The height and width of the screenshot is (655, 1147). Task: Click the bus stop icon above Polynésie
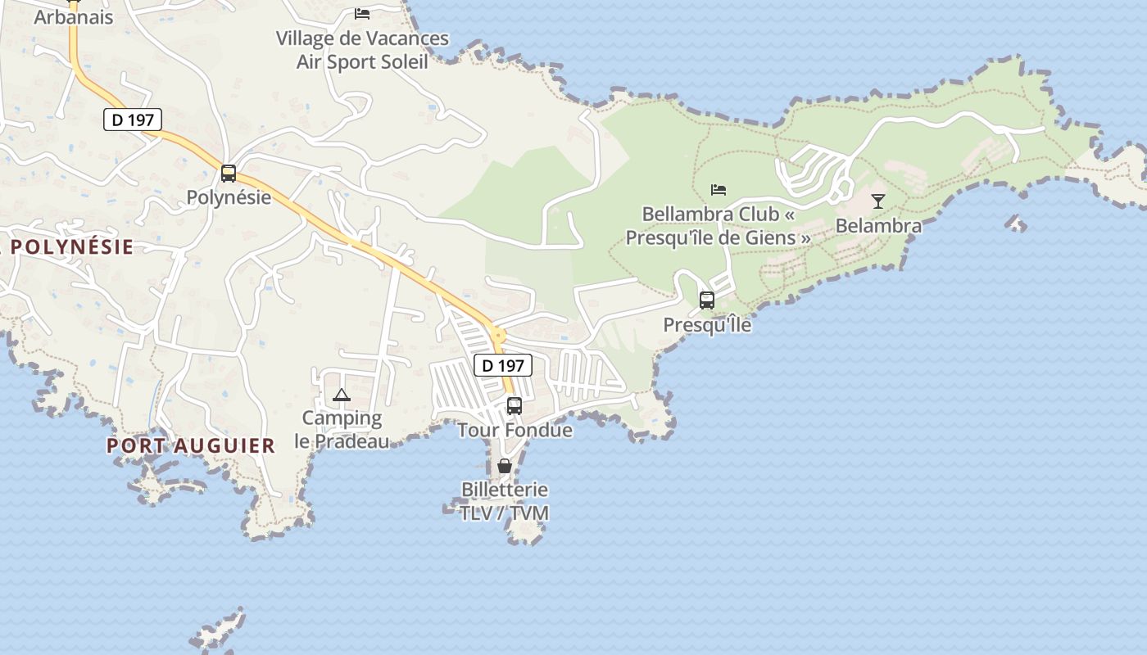coord(229,174)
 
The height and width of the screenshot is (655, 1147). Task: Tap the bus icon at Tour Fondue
coord(515,405)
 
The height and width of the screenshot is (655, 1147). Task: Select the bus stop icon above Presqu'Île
coord(707,300)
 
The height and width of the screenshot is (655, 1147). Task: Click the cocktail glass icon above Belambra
coord(878,201)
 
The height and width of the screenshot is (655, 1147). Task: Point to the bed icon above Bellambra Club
coord(719,190)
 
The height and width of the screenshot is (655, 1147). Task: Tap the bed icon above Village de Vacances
coord(362,13)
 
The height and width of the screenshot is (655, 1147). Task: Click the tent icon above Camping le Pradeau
coord(342,395)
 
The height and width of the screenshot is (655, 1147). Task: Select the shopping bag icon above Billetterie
coord(505,466)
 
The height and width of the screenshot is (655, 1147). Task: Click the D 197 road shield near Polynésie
coord(133,120)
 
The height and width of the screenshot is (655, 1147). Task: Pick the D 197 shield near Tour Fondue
coord(503,365)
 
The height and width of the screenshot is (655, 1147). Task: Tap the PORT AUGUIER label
coord(191,445)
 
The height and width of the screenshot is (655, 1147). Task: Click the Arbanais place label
coord(74,17)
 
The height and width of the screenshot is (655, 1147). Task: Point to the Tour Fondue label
coord(515,430)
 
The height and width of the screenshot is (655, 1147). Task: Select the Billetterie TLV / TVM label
coord(505,501)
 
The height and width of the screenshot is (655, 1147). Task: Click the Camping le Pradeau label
coord(342,430)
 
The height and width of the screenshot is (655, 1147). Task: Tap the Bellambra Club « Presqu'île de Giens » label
coord(719,226)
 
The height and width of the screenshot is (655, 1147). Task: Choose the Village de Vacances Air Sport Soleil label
coord(362,50)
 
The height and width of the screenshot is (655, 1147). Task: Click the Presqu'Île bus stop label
coord(707,325)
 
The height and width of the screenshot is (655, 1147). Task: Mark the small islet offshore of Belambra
coord(1017,223)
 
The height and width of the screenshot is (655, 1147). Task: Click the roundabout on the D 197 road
coord(497,335)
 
